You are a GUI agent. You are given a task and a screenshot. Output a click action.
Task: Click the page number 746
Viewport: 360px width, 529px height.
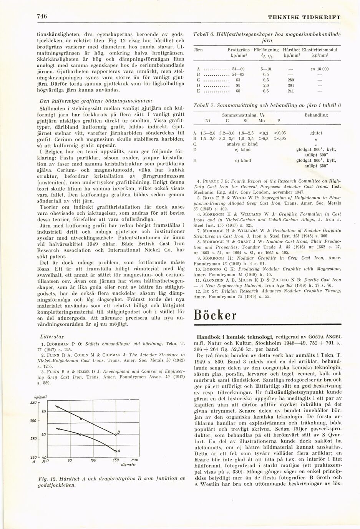(42, 16)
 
